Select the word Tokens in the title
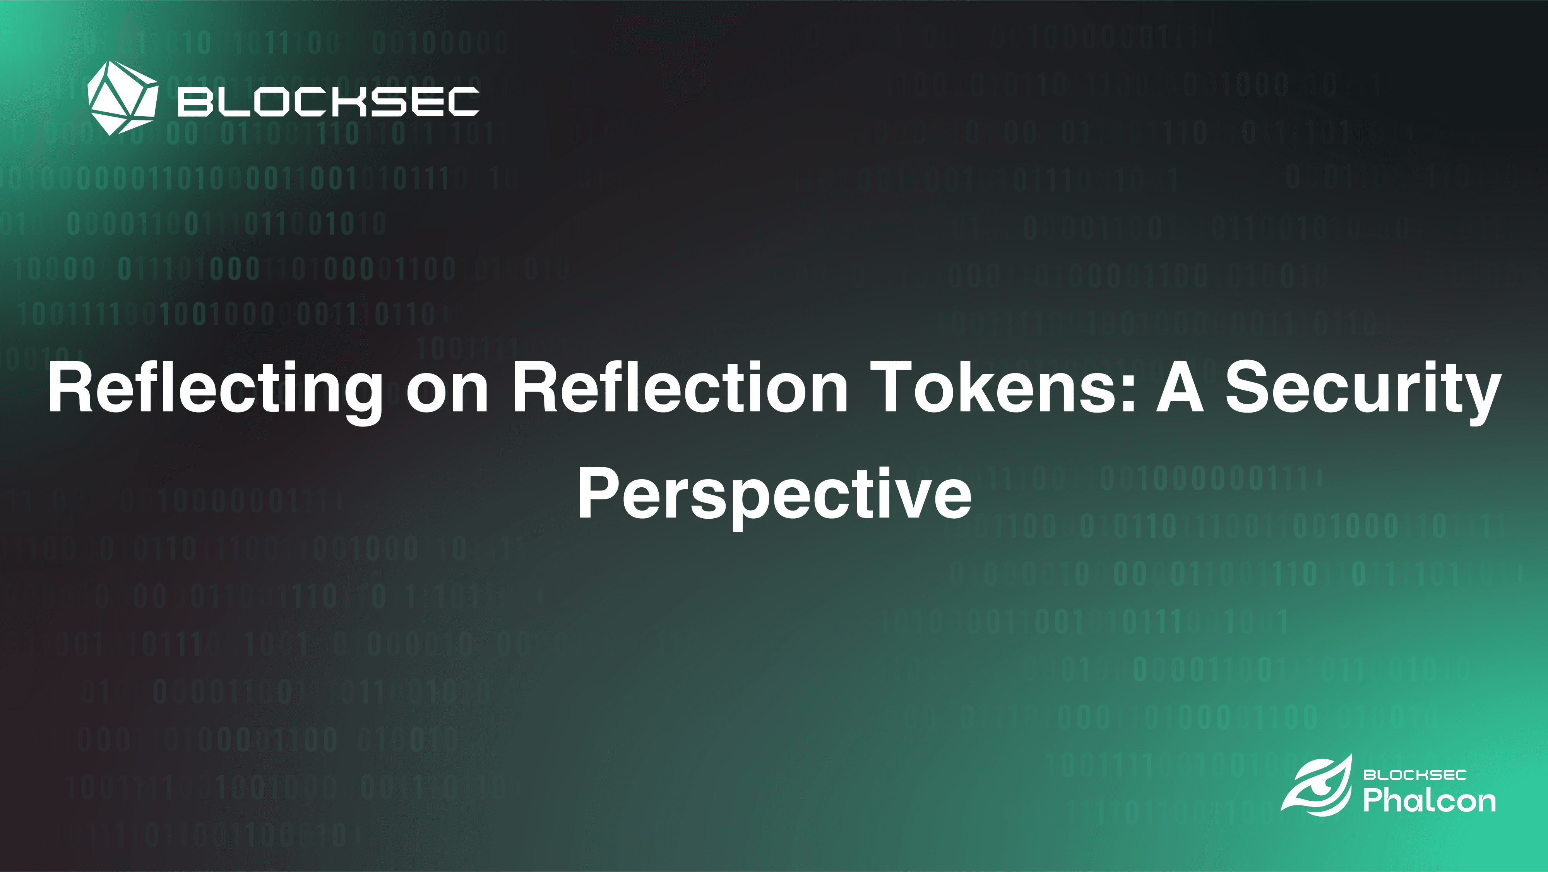coord(995,388)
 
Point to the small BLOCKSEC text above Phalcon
coord(1414,775)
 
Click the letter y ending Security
coord(1484,397)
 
